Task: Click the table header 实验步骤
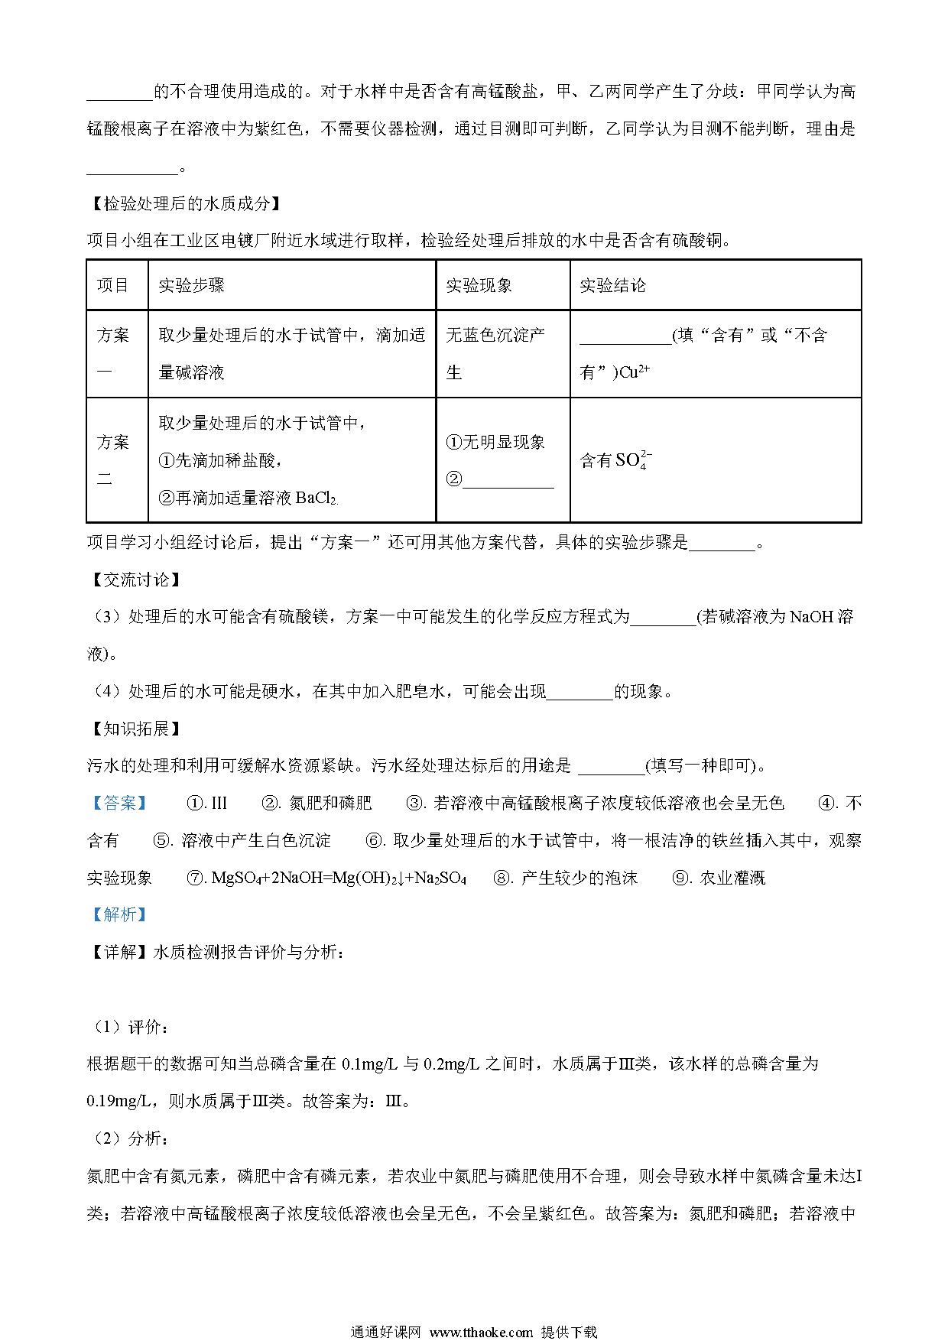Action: (191, 286)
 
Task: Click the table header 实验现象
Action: (479, 286)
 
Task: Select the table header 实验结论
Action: (612, 286)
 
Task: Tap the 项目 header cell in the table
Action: (113, 286)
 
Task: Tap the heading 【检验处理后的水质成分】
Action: (183, 204)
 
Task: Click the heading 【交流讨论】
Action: (135, 580)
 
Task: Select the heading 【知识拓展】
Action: (135, 729)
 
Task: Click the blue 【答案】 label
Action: (118, 803)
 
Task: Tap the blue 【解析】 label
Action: (118, 914)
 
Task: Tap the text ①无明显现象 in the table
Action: (495, 442)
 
